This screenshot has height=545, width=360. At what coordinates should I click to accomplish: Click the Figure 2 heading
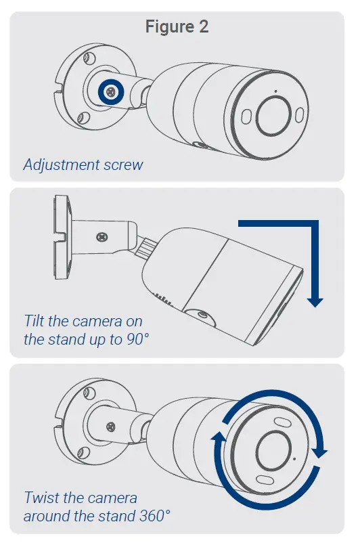[178, 27]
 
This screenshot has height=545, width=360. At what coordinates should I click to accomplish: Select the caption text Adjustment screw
[83, 165]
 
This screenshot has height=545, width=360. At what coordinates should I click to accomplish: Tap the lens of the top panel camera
[274, 112]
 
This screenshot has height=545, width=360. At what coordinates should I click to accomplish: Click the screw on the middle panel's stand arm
[102, 238]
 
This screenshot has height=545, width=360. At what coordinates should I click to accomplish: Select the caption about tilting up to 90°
[86, 330]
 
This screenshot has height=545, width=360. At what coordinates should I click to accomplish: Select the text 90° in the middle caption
[135, 339]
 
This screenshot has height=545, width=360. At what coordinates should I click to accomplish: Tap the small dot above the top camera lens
[275, 91]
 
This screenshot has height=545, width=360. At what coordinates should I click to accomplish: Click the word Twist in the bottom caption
[42, 498]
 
